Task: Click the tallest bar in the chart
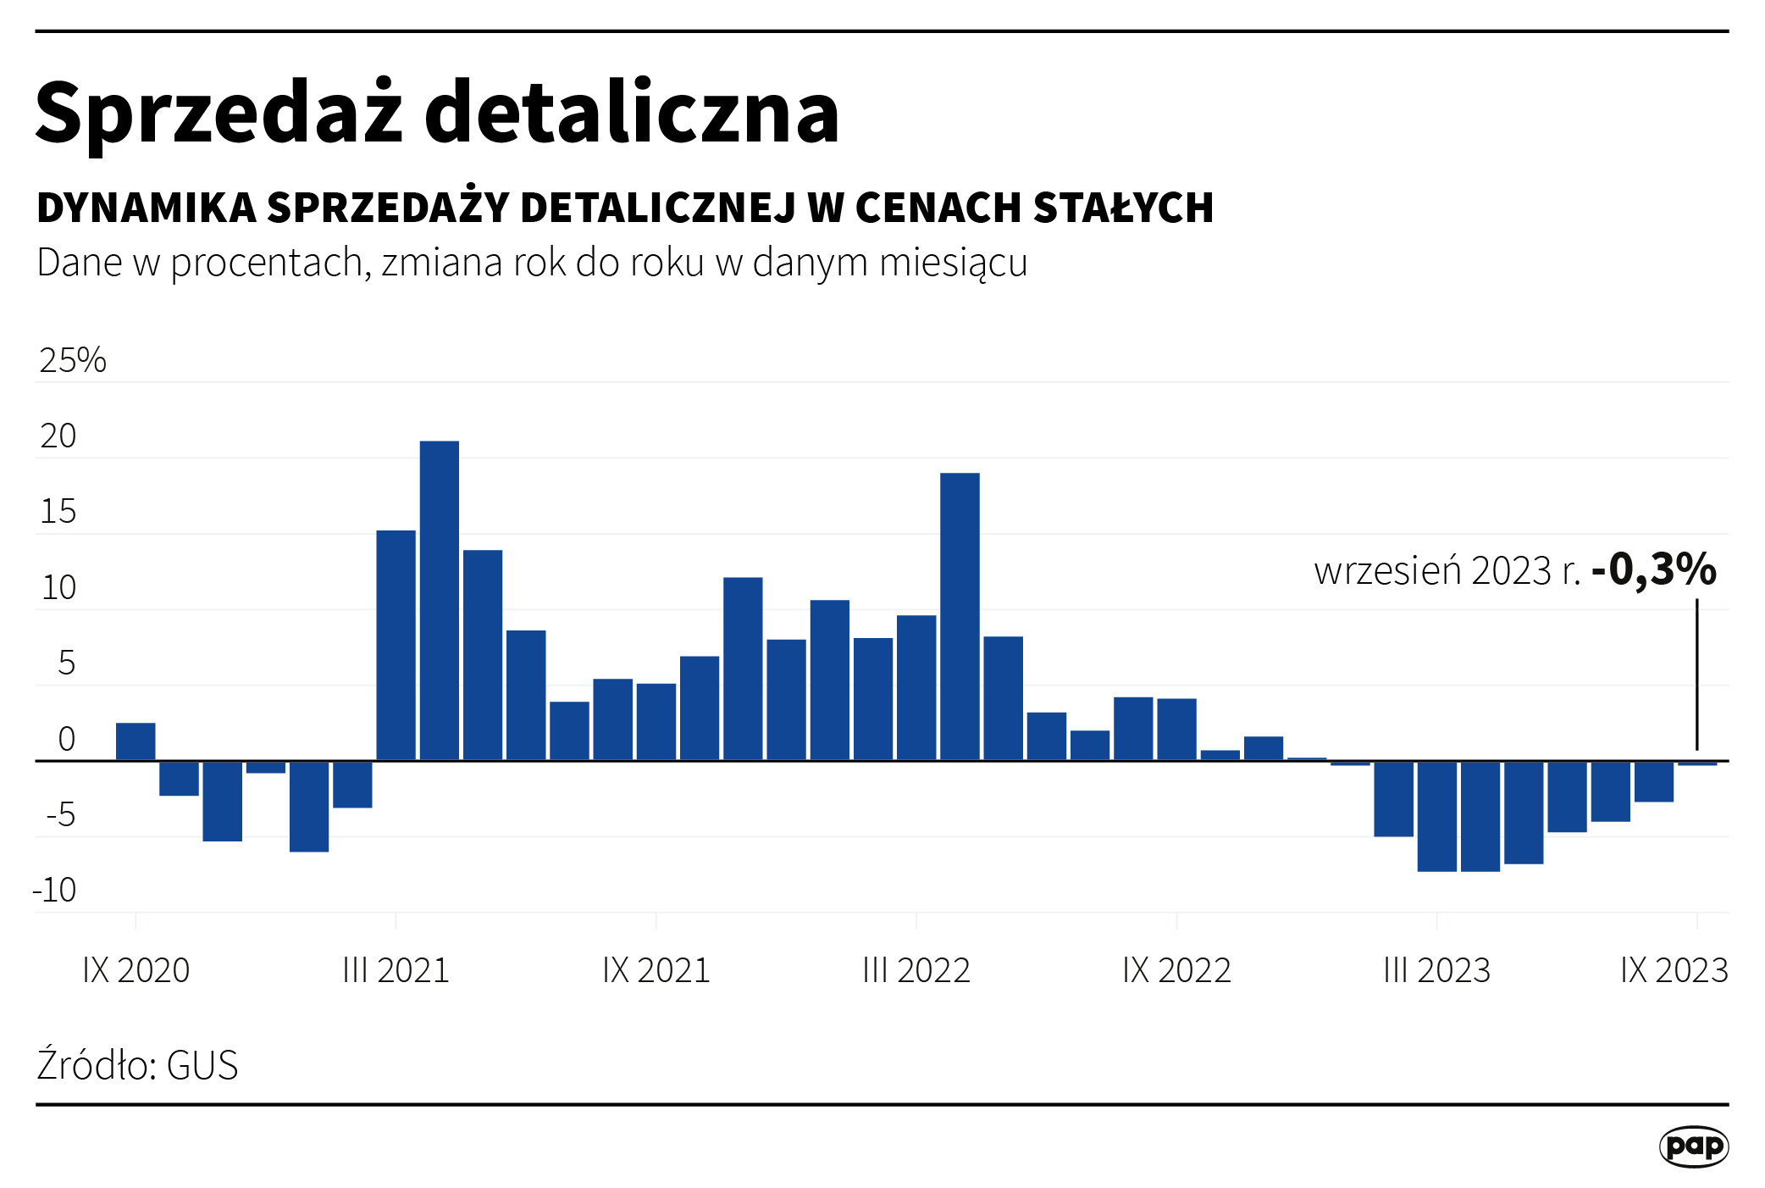click(x=440, y=600)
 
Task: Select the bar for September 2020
click(x=136, y=741)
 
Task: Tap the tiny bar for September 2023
click(x=1697, y=763)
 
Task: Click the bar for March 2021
click(x=396, y=645)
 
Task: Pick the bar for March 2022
click(x=916, y=687)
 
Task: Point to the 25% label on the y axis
click(x=73, y=360)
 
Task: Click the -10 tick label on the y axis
click(x=54, y=891)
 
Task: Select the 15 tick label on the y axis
click(x=58, y=512)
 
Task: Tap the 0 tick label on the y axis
click(x=66, y=739)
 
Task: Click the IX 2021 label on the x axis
click(x=656, y=970)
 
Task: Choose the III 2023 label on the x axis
click(x=1436, y=970)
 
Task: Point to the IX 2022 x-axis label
click(x=1176, y=970)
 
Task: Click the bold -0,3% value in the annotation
click(x=1653, y=569)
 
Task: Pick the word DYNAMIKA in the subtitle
click(x=147, y=208)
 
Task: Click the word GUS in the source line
click(x=202, y=1065)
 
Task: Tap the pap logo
click(x=1693, y=1146)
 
